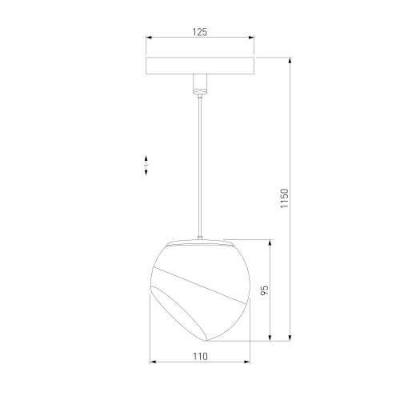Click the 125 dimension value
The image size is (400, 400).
point(199,32)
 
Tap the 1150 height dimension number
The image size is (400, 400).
point(285,198)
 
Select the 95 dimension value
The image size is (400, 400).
point(264,290)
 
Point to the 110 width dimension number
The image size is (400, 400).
point(200,356)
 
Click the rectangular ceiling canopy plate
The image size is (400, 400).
point(200,66)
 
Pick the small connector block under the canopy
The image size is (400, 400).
point(200,83)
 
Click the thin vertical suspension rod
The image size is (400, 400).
point(200,166)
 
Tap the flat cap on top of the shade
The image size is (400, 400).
point(200,243)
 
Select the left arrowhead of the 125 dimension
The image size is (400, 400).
point(149,38)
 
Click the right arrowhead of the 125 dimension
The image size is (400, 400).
point(251,38)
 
